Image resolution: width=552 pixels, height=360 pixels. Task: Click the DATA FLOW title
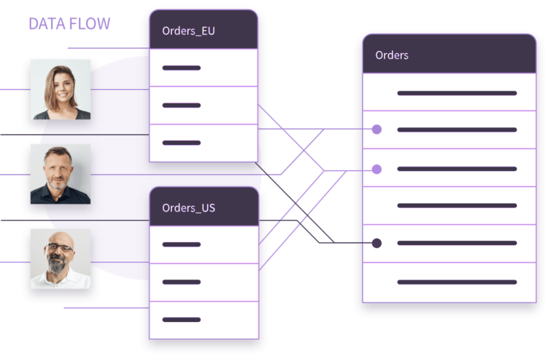70,24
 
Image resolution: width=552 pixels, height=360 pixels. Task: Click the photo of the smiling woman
61,89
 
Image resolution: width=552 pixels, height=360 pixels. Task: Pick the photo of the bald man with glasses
61,259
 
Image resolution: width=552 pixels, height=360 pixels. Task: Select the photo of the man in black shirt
61,174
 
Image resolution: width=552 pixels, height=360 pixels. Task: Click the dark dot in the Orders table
377,243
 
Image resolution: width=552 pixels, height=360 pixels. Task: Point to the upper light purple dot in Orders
377,130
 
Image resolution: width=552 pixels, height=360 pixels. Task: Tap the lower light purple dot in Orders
377,170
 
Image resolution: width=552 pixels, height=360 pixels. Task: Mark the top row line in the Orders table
456,93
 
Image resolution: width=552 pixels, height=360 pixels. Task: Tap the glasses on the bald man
61,249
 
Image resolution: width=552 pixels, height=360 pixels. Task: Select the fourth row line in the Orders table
456,206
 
